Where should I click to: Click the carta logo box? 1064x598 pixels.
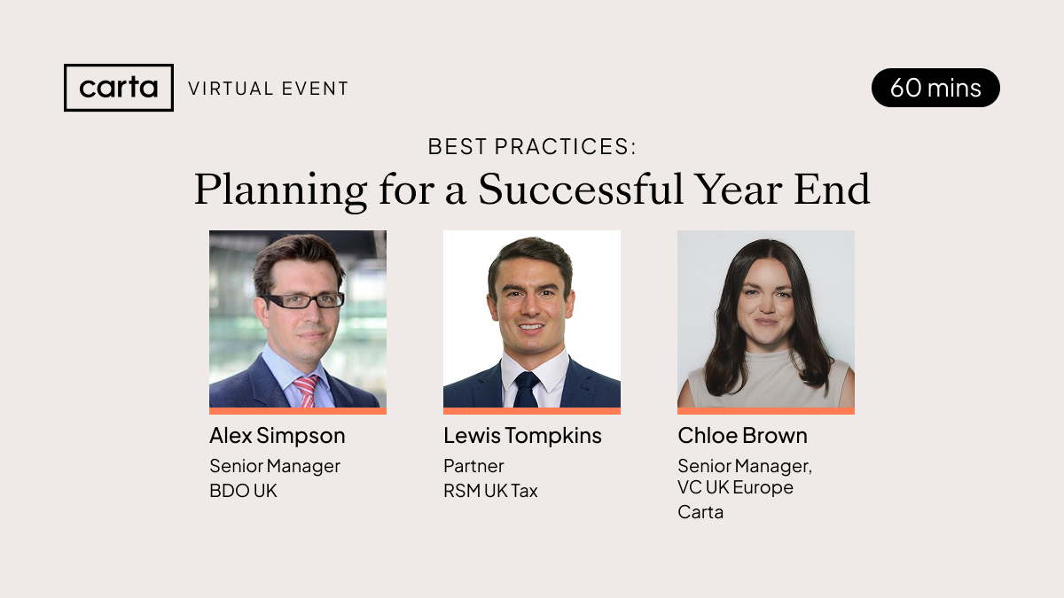pyautogui.click(x=119, y=88)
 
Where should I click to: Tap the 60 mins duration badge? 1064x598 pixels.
pyautogui.click(x=935, y=88)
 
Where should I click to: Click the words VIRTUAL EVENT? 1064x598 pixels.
pyautogui.click(x=269, y=89)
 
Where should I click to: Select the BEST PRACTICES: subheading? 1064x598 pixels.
pyautogui.click(x=532, y=146)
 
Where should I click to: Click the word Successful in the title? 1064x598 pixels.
pyautogui.click(x=581, y=189)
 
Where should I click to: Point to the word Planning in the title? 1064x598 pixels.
pyautogui.click(x=280, y=190)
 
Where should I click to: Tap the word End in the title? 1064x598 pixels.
pyautogui.click(x=832, y=189)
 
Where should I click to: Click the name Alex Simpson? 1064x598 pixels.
pyautogui.click(x=278, y=436)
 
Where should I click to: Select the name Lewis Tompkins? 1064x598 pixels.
pyautogui.click(x=522, y=436)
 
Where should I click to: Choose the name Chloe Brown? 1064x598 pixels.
pyautogui.click(x=742, y=436)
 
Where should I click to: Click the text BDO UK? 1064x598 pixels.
pyautogui.click(x=243, y=491)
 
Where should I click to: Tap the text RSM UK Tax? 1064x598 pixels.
pyautogui.click(x=490, y=491)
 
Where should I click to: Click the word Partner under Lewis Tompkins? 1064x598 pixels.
pyautogui.click(x=473, y=466)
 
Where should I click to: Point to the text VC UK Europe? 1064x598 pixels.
pyautogui.click(x=735, y=487)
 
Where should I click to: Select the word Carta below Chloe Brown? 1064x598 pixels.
pyautogui.click(x=700, y=512)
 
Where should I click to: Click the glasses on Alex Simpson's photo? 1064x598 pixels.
pyautogui.click(x=303, y=301)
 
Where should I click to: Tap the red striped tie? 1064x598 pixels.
pyautogui.click(x=307, y=391)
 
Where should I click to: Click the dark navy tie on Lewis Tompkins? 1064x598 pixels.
pyautogui.click(x=527, y=389)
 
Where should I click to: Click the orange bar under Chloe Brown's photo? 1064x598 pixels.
pyautogui.click(x=766, y=411)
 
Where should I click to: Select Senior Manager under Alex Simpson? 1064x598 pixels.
pyautogui.click(x=275, y=466)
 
